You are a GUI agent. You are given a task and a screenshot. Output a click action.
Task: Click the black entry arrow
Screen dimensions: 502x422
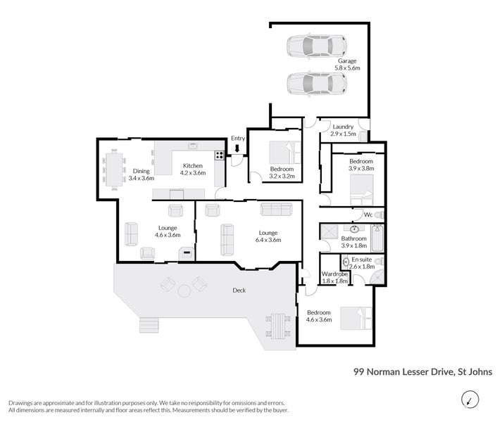pyautogui.click(x=237, y=148)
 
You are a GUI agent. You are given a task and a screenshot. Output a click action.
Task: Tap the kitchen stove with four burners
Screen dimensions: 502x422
pyautogui.click(x=219, y=155)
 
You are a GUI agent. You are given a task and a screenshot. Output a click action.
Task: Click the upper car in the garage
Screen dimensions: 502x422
pyautogui.click(x=317, y=46)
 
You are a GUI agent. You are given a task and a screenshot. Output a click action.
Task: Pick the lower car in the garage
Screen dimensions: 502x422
pyautogui.click(x=317, y=83)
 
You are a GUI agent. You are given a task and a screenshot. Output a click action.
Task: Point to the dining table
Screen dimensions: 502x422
pyautogui.click(x=114, y=170)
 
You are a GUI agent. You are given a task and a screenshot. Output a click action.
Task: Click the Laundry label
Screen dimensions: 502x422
pyautogui.click(x=343, y=127)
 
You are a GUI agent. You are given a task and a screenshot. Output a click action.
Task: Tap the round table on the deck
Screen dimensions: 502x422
pyautogui.click(x=184, y=291)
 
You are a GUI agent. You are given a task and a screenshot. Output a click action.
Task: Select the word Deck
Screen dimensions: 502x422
pyautogui.click(x=239, y=290)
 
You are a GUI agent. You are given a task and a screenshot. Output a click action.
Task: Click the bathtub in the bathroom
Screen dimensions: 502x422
pyautogui.click(x=377, y=238)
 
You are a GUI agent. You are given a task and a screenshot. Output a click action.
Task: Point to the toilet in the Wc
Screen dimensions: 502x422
pyautogui.click(x=379, y=215)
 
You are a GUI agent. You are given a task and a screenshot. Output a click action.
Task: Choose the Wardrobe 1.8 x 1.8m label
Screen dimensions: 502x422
pyautogui.click(x=334, y=277)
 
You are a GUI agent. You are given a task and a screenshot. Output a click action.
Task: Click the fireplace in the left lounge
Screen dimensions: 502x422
pyautogui.click(x=187, y=253)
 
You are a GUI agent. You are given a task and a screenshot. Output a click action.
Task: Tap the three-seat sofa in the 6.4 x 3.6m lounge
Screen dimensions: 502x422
pyautogui.click(x=276, y=209)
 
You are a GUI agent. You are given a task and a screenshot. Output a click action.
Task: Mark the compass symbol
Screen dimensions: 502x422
pyautogui.click(x=470, y=399)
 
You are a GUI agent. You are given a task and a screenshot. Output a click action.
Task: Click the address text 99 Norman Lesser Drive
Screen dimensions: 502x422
pyautogui.click(x=403, y=372)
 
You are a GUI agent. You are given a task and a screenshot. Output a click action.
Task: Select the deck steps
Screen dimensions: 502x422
pyautogui.click(x=149, y=325)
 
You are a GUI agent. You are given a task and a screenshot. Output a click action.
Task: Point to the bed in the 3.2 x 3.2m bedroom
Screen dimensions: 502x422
pyautogui.click(x=285, y=153)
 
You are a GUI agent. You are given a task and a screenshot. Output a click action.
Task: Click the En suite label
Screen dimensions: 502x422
pyautogui.click(x=361, y=260)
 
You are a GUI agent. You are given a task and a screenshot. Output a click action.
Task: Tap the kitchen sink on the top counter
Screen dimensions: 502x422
pyautogui.click(x=192, y=146)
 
